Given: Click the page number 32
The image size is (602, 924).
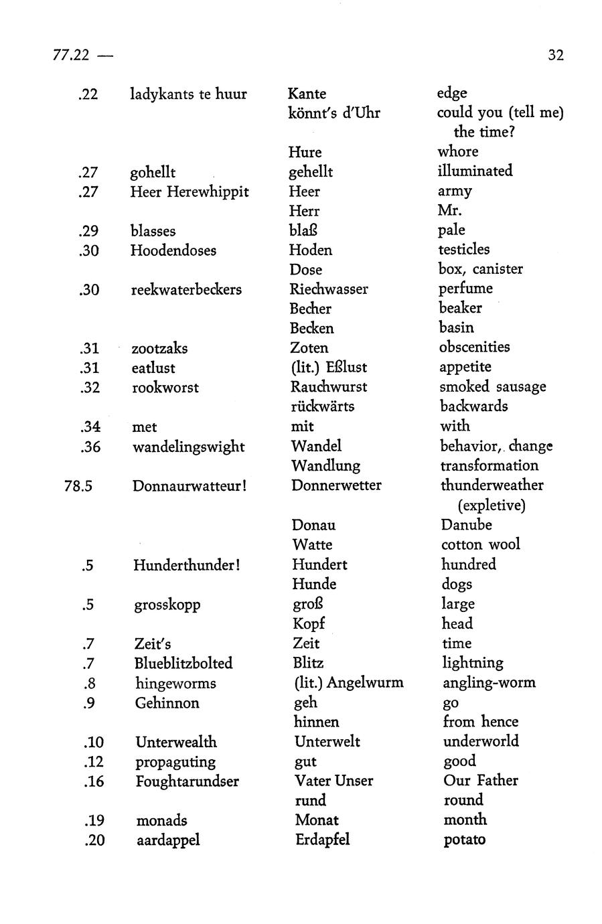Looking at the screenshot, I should [x=555, y=55].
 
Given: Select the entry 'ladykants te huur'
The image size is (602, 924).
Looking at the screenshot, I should [x=188, y=94].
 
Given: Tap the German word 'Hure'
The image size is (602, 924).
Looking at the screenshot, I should [x=305, y=152].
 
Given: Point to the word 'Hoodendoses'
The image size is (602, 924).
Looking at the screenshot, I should [x=173, y=250].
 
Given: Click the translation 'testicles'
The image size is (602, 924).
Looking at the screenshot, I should [x=463, y=249].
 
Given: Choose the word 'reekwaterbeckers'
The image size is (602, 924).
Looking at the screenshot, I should [x=186, y=290].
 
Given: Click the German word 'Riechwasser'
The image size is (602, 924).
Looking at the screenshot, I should [x=329, y=289].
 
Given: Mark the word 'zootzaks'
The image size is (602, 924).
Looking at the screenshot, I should [x=159, y=348].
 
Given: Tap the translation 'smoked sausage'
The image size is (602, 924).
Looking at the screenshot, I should [x=492, y=387].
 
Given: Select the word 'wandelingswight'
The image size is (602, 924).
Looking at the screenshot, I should [x=188, y=447].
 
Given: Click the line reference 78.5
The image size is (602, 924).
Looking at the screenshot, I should [x=78, y=485].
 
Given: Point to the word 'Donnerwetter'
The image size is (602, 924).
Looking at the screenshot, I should [x=336, y=485].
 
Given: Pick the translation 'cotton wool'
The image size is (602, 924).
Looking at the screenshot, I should [x=480, y=544].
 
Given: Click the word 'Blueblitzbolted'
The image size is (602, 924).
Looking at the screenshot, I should [x=183, y=663].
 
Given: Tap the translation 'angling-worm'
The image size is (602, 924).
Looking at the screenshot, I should [x=489, y=683].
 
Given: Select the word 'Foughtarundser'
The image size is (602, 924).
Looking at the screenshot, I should [x=187, y=781].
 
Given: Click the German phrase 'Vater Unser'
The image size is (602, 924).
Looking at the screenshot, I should [x=333, y=781].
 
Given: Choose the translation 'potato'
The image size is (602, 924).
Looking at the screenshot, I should [x=464, y=840].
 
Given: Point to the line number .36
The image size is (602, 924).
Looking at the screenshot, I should [x=90, y=447].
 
